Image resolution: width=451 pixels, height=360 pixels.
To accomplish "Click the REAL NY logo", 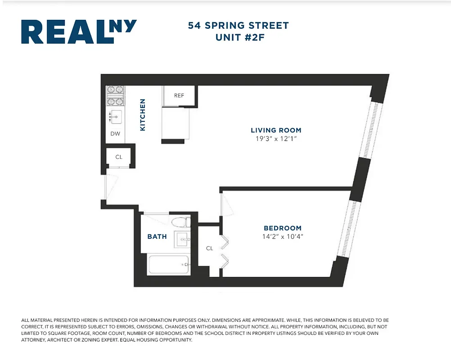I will [x=79, y=32].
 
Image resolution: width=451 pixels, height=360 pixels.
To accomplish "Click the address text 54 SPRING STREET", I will [x=238, y=26].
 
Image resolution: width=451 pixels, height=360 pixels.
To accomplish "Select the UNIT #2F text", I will [x=239, y=37].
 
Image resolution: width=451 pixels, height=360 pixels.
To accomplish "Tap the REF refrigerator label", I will [x=179, y=95].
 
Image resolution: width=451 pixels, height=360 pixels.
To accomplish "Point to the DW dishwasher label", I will [x=115, y=134].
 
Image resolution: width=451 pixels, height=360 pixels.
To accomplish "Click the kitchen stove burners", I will [x=115, y=95].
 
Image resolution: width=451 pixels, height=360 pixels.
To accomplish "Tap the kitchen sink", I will [x=116, y=117].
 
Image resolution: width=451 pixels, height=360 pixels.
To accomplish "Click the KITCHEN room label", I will [x=143, y=115].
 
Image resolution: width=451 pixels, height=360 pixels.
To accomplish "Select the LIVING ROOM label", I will [x=276, y=130].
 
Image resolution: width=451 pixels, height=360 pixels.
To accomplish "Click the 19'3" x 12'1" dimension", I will [x=276, y=139].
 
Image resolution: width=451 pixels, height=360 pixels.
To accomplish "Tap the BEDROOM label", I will [x=283, y=228].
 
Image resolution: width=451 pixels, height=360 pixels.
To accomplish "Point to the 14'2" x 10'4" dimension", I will [x=283, y=237].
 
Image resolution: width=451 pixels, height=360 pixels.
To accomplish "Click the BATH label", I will [x=157, y=237].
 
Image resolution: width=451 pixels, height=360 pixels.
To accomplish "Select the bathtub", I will [x=168, y=265].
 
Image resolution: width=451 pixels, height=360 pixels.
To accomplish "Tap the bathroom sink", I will [x=183, y=239].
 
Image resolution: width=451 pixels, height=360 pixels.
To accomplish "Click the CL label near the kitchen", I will [x=119, y=157].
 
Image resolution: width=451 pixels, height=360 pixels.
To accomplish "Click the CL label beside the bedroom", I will [x=209, y=248].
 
